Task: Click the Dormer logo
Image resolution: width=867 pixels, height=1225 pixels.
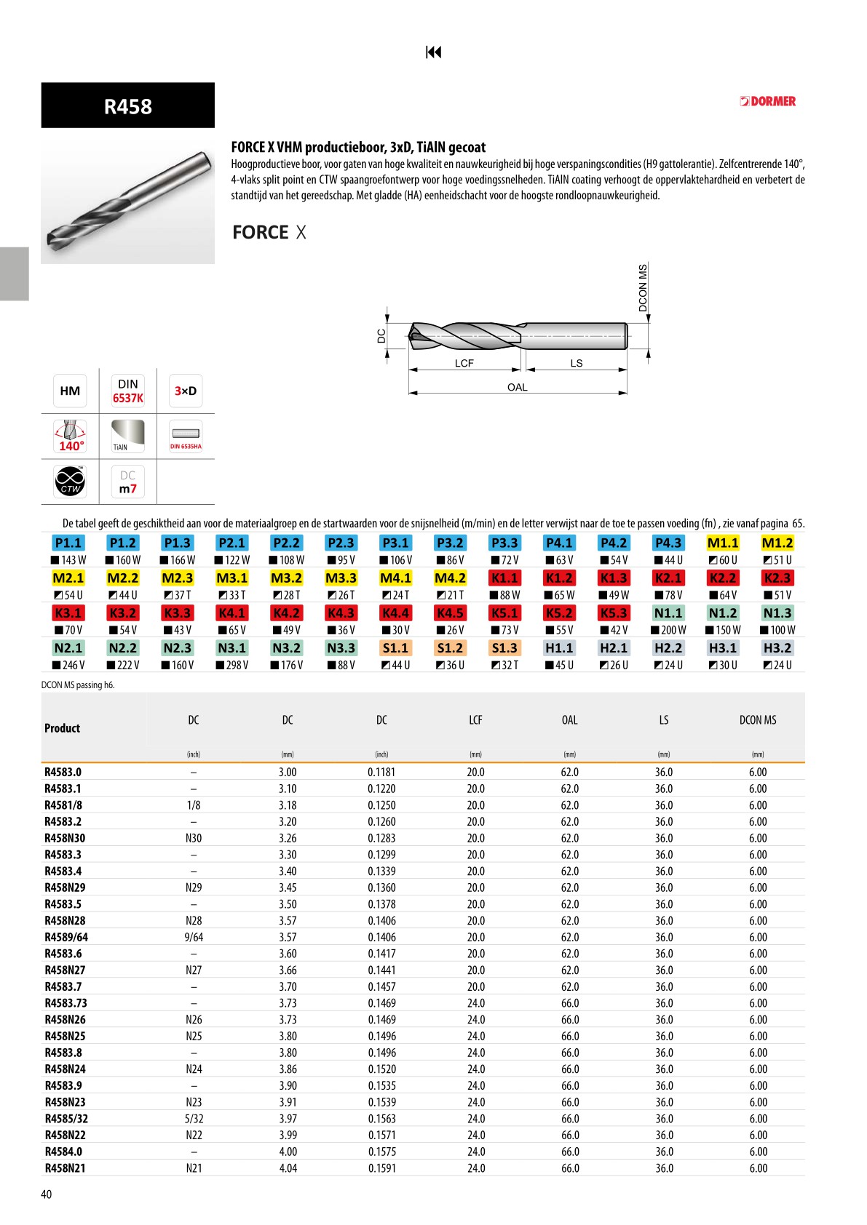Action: [x=768, y=101]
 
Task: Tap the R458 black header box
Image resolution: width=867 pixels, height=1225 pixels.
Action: [x=127, y=106]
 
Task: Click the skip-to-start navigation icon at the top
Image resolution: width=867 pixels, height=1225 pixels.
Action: [x=433, y=52]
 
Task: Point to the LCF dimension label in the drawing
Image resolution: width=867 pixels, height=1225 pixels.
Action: [x=464, y=363]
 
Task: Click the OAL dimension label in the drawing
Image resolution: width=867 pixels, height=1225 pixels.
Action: [x=518, y=387]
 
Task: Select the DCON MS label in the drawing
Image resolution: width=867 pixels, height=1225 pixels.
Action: [x=643, y=288]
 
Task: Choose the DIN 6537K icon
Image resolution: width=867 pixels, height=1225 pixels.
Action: [x=127, y=391]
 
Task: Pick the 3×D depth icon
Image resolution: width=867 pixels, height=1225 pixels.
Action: [x=185, y=391]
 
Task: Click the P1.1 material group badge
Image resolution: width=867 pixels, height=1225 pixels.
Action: [x=68, y=543]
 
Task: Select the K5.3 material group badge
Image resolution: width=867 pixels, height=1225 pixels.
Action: [x=614, y=613]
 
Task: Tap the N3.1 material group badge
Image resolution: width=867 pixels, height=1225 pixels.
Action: [x=231, y=648]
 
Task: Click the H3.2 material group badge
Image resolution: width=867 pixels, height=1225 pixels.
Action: [x=777, y=648]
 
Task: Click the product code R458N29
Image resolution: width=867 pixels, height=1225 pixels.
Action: [x=65, y=887]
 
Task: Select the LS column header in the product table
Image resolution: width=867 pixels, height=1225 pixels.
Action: [x=663, y=720]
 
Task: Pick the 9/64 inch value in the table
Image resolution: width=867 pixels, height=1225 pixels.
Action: [x=194, y=937]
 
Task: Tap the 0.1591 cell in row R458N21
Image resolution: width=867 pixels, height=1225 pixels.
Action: [x=381, y=1168]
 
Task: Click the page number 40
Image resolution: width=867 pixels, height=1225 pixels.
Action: [x=47, y=1194]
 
